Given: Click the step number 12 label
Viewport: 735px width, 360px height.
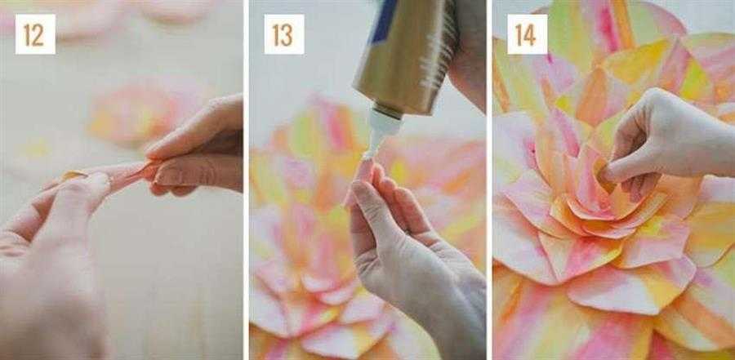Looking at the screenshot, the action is point(35,34).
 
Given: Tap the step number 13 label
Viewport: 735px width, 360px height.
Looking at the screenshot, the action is point(284,34).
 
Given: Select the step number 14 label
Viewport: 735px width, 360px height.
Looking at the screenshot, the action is point(527,34).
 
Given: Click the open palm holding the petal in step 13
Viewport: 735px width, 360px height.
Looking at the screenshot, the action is point(412,263).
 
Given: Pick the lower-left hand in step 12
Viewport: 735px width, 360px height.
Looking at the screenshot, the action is point(51,263).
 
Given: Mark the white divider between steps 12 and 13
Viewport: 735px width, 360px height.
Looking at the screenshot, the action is point(246,180).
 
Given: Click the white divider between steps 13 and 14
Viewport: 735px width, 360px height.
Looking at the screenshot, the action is point(489,180).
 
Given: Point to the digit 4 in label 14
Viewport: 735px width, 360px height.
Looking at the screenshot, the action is point(531,34).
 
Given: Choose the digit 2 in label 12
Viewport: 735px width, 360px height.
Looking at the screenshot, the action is point(39,34).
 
